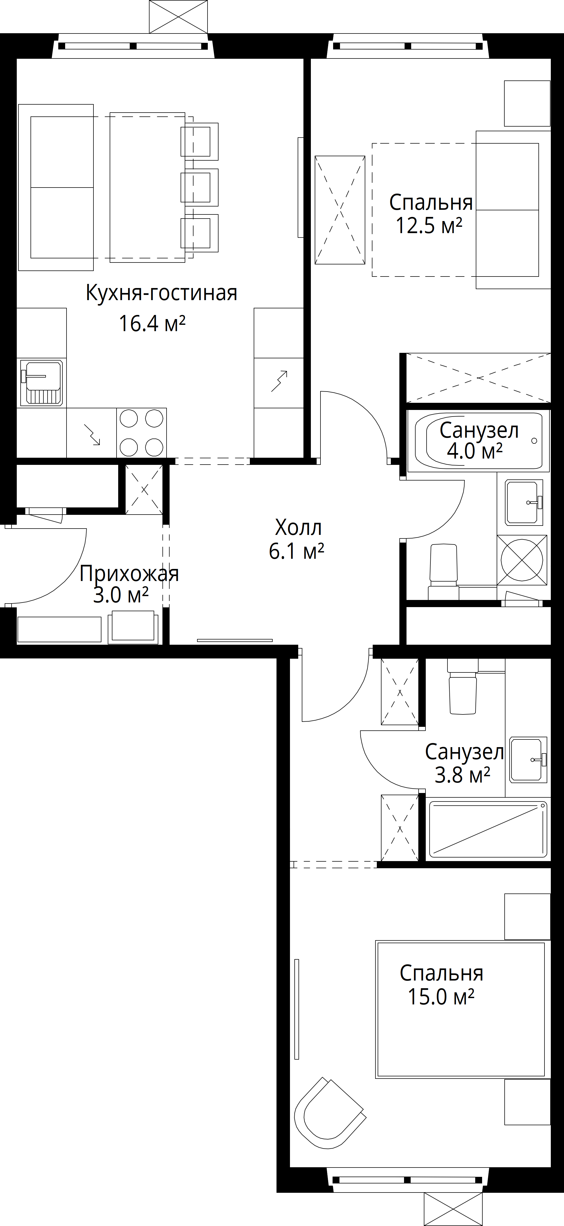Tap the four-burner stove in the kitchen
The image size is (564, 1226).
[142, 433]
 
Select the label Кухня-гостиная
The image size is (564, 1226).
[162, 293]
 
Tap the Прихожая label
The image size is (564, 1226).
[129, 574]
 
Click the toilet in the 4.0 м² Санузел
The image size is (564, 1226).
[444, 572]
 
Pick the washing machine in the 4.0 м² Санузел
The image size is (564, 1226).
[522, 560]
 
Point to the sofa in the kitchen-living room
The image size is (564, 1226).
[56, 188]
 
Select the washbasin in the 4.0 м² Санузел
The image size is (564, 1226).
[524, 502]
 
